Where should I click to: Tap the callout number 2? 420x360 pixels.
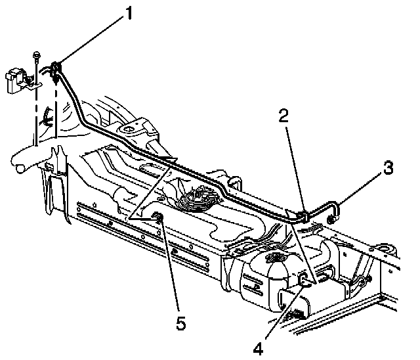[x=283, y=117]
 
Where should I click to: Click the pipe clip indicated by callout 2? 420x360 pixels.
[x=303, y=214]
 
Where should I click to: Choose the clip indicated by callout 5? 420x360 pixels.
[x=158, y=219]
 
